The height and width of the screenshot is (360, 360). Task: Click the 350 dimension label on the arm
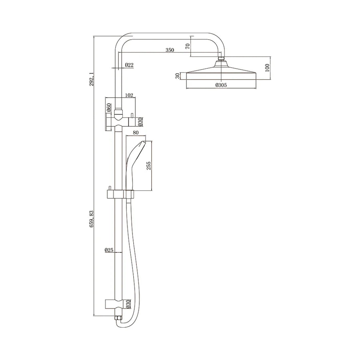click(170, 50)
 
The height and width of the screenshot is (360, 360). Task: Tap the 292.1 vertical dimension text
click(92, 79)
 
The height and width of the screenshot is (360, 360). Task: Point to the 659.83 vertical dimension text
click(92, 220)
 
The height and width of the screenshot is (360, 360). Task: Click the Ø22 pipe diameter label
click(129, 65)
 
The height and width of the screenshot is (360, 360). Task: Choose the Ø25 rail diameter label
click(109, 250)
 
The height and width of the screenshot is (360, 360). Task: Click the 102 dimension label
click(129, 95)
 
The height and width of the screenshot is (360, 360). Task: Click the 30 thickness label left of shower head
click(177, 76)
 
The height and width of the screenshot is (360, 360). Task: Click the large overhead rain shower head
click(221, 74)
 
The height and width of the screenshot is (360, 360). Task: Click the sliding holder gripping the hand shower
click(129, 194)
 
